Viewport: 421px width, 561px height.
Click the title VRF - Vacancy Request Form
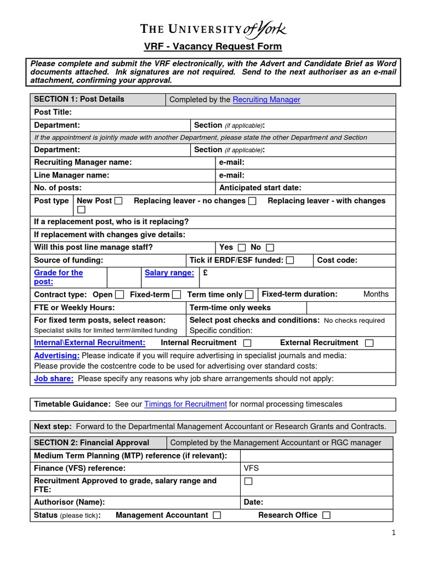click(213, 47)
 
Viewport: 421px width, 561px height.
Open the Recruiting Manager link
click(266, 100)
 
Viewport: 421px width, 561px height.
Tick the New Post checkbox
click(118, 201)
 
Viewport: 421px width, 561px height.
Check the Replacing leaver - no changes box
click(252, 201)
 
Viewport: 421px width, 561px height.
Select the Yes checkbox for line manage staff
click(242, 248)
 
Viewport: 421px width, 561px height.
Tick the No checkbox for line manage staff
click(270, 248)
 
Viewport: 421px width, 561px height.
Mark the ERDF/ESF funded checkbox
click(290, 260)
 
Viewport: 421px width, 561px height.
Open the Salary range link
click(169, 273)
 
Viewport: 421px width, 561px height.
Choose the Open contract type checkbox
click(120, 295)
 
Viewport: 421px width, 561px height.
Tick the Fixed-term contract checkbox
click(177, 295)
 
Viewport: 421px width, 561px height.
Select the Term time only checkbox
click(249, 295)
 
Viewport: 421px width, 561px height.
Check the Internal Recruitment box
click(247, 343)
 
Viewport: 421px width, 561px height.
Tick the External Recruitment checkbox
click(369, 343)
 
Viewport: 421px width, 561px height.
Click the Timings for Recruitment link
click(185, 404)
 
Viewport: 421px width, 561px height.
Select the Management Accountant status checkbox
click(217, 515)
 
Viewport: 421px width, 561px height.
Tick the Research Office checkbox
click(327, 515)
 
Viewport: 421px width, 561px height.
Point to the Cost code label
click(337, 260)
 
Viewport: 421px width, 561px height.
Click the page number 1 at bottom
click(393, 533)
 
